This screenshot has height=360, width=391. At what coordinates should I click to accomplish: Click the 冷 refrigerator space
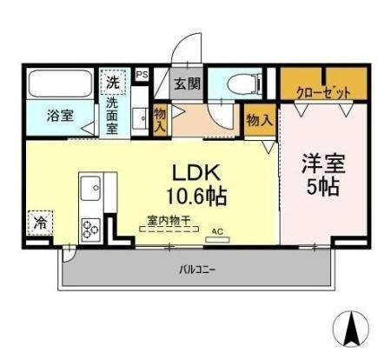(39, 223)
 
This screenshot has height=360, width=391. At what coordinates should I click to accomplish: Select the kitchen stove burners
(91, 230)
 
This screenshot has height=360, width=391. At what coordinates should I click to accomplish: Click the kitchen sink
(91, 187)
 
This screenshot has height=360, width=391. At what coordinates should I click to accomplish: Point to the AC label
(217, 231)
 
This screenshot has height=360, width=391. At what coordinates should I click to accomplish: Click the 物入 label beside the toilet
(257, 121)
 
